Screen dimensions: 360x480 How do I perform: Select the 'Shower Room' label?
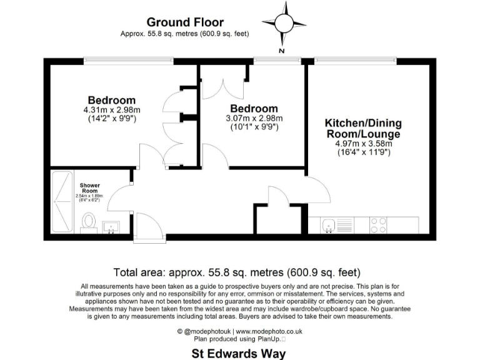coord(91,188)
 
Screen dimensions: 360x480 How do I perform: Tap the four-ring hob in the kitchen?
coord(377,224)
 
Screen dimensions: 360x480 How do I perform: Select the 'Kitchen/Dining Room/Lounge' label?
coord(363,128)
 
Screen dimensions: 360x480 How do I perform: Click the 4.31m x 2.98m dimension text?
coord(111,109)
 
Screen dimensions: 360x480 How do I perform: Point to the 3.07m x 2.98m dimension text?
coord(253,118)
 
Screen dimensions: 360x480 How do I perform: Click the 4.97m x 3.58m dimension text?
coord(363,143)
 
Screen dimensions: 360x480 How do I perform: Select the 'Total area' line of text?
coord(237,272)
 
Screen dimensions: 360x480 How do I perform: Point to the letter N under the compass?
coord(282,50)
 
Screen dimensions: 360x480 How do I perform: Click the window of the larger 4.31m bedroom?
coord(129,60)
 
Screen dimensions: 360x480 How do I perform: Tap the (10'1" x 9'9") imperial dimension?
coord(253,127)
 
